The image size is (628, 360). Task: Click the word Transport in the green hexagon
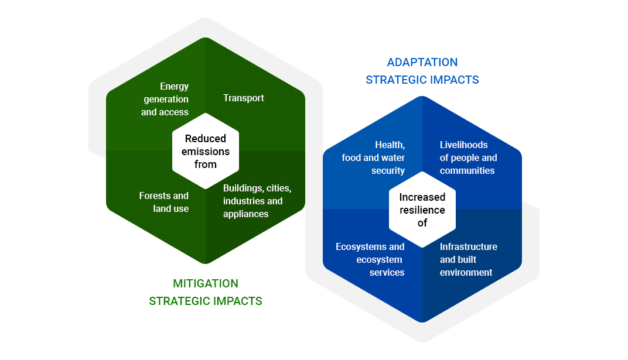(x=243, y=98)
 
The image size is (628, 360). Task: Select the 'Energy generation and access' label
(x=165, y=100)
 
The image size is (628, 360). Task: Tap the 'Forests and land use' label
(x=164, y=202)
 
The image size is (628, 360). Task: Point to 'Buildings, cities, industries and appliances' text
(x=257, y=201)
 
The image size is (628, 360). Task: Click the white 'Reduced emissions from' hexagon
(x=205, y=151)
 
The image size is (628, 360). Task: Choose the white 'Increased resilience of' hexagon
(x=422, y=210)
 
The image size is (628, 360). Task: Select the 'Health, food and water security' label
(x=374, y=157)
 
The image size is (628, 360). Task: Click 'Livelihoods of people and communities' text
(x=468, y=157)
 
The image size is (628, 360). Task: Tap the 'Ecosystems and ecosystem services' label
(x=370, y=259)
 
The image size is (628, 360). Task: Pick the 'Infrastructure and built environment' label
(x=468, y=259)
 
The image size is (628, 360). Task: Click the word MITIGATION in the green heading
(x=206, y=284)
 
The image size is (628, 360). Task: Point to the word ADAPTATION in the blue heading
(x=422, y=63)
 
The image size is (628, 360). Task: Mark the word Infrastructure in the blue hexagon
(x=468, y=246)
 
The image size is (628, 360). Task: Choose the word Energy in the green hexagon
(x=174, y=87)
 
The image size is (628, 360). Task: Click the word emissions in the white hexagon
(x=205, y=152)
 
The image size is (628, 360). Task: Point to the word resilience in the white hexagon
(x=422, y=210)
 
